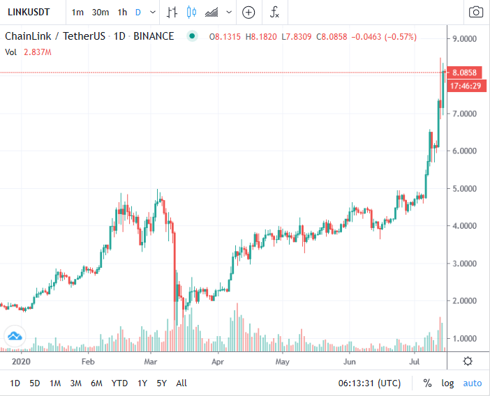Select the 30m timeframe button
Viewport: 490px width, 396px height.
[x=101, y=12]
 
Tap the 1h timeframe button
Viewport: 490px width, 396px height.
[x=122, y=12]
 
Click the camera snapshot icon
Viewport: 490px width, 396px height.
[x=475, y=12]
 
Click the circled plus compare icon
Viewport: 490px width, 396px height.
[x=248, y=12]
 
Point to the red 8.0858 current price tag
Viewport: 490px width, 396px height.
[x=464, y=73]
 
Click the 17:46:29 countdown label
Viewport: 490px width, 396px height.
[x=464, y=86]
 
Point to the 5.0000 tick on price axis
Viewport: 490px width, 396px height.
[x=465, y=188]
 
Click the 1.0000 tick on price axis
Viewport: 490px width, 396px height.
[x=465, y=338]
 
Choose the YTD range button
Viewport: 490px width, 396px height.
[x=120, y=383]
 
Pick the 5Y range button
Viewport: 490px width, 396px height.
[x=162, y=383]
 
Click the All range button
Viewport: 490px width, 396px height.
[x=181, y=383]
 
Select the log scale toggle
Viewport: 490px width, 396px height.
[x=447, y=383]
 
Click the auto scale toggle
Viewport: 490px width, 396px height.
[x=473, y=383]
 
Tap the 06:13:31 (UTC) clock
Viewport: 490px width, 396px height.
[x=369, y=383]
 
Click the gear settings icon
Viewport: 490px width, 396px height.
[x=467, y=360]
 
